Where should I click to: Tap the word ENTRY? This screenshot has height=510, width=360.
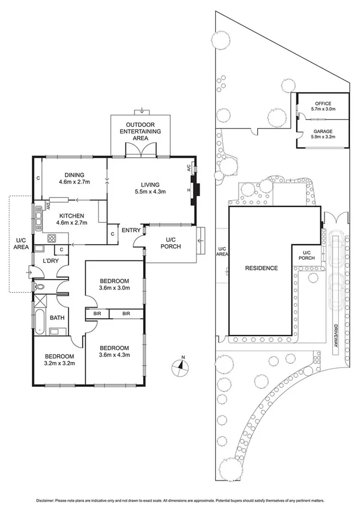130,230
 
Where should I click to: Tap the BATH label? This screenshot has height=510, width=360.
57,318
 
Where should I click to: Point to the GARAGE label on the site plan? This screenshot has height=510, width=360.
323,134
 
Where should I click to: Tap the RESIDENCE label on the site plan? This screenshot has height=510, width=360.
261,268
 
